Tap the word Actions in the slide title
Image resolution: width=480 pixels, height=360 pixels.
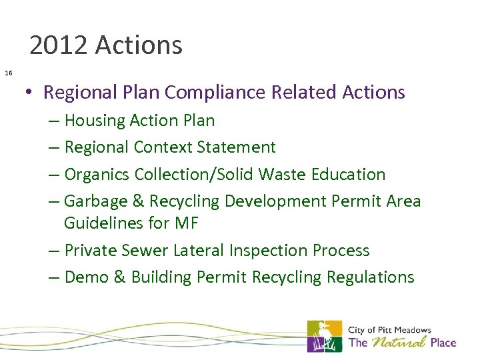139,45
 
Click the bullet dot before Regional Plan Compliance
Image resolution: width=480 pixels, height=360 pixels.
31,93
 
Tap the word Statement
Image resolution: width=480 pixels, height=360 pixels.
238,147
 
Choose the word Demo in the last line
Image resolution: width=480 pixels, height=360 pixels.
87,277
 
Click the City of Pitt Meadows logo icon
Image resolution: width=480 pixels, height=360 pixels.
325,336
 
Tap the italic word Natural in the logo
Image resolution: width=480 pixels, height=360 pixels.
399,343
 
